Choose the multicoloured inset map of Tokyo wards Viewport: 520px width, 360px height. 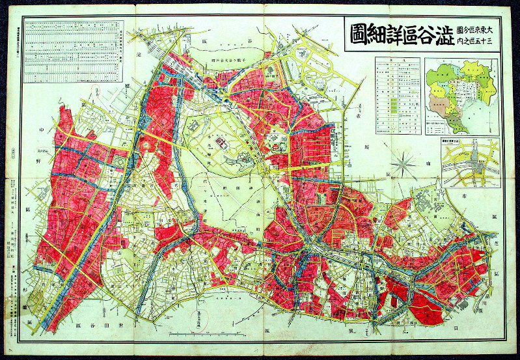(461, 94)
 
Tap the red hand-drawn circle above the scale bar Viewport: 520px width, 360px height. (207, 312)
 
